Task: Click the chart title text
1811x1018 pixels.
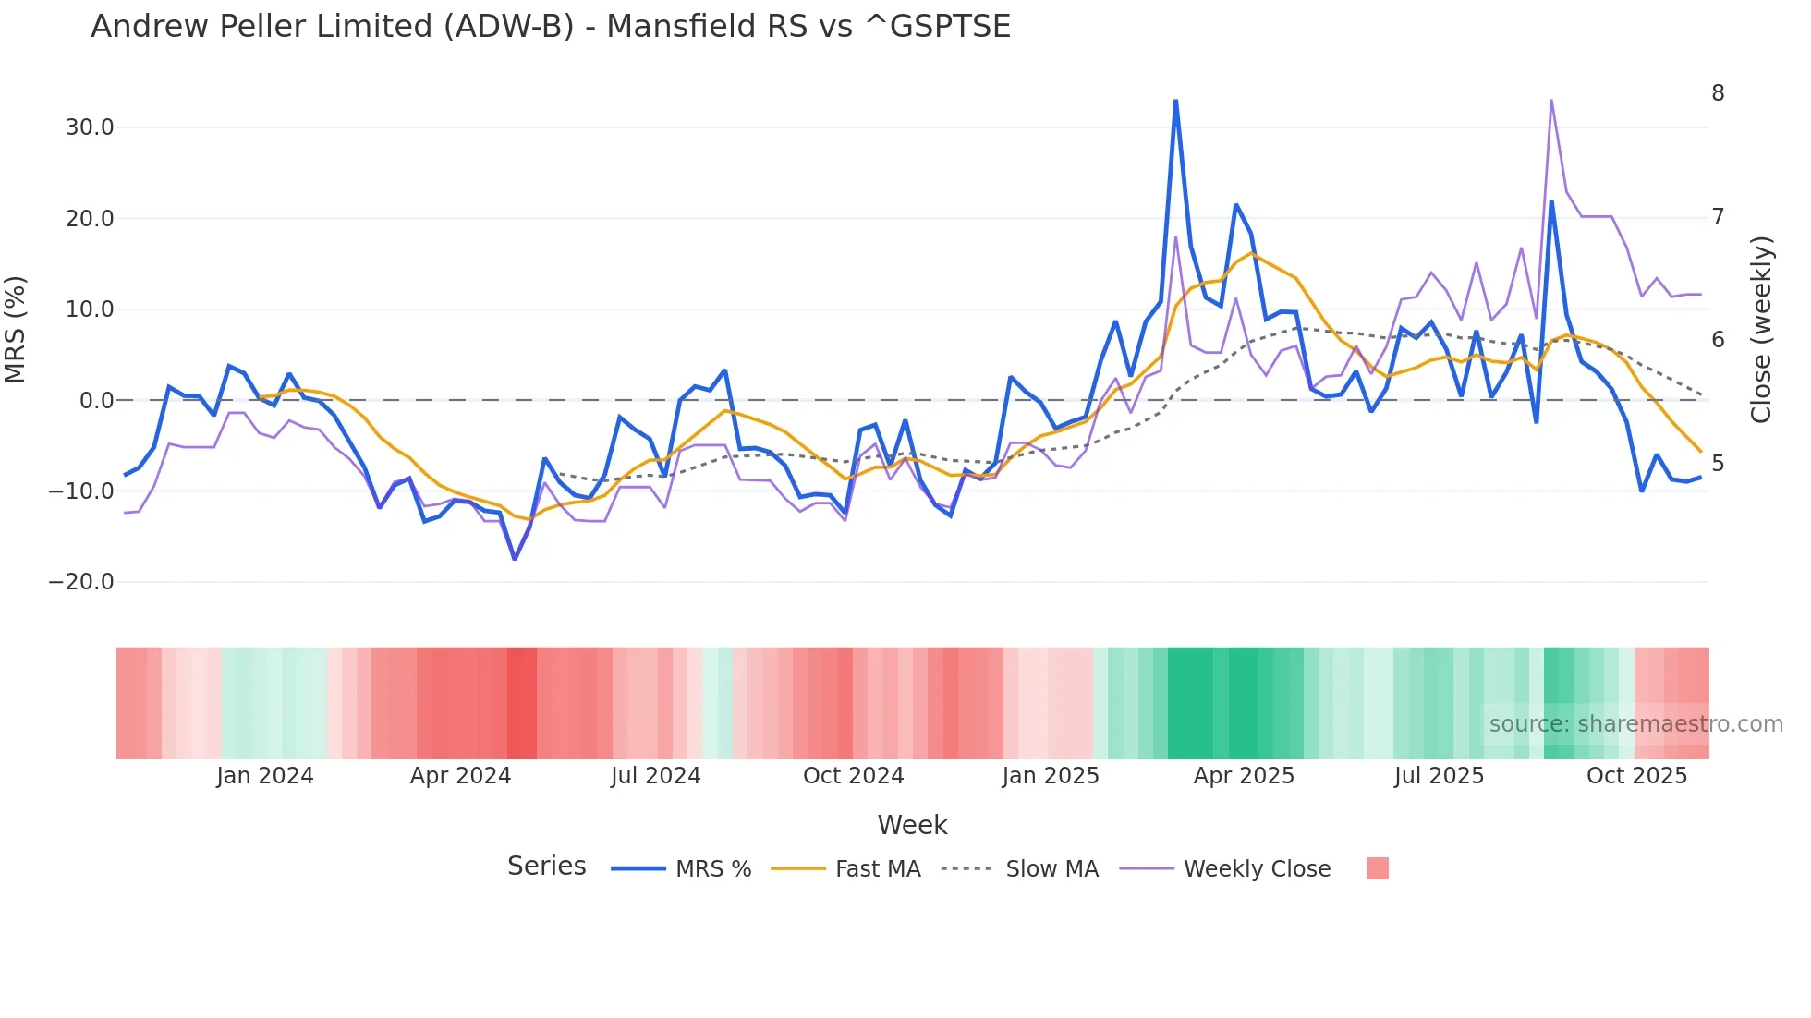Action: point(551,27)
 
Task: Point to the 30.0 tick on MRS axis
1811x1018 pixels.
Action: point(90,127)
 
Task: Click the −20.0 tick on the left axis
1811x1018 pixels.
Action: point(81,582)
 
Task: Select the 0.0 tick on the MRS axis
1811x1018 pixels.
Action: point(96,401)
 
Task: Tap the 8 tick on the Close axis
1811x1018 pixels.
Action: point(1718,93)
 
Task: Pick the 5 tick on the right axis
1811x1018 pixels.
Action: point(1718,464)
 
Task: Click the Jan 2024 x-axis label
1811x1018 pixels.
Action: point(265,776)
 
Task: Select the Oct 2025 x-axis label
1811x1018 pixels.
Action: point(1636,776)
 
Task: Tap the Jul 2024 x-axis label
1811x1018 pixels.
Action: point(656,776)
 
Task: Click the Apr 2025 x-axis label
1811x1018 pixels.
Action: point(1244,776)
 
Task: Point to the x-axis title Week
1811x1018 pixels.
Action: point(912,825)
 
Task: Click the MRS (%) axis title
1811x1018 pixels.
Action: point(16,330)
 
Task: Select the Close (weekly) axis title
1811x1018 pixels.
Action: point(1761,330)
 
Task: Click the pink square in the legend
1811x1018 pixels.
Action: point(1377,869)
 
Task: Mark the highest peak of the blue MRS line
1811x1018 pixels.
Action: point(1175,101)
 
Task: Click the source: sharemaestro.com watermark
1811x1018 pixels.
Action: point(1635,724)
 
